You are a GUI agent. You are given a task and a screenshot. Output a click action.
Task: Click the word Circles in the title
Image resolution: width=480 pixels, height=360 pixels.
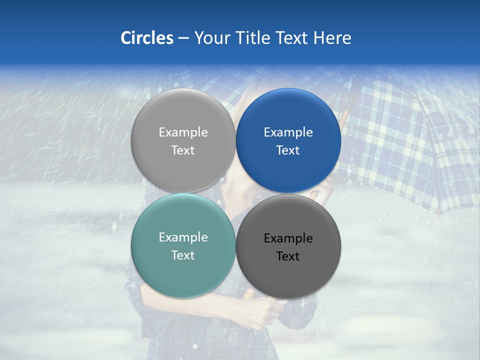[147, 38]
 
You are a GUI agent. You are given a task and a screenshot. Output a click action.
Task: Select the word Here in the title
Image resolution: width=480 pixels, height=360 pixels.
[332, 38]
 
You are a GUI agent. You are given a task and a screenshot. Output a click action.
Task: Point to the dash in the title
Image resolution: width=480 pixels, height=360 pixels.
[183, 38]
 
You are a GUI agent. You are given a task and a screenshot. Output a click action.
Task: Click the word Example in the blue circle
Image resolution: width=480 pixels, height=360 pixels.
[288, 132]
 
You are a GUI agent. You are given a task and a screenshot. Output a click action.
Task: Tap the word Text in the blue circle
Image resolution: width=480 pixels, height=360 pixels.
[288, 150]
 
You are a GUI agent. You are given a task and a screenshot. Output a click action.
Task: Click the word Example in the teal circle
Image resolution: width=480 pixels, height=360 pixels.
[183, 237]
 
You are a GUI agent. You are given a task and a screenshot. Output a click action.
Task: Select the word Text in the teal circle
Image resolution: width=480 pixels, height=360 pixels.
[183, 255]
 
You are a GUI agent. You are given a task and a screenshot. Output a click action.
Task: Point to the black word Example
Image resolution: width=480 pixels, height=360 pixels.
[288, 238]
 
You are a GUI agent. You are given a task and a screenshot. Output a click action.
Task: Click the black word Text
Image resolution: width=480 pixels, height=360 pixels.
[288, 256]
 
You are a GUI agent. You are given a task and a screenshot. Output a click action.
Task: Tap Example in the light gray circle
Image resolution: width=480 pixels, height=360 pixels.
[183, 132]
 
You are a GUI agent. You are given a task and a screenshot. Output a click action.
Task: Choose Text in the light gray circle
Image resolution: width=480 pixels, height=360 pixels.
[183, 150]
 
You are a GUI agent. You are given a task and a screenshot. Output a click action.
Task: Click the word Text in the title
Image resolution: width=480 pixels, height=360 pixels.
[294, 38]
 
